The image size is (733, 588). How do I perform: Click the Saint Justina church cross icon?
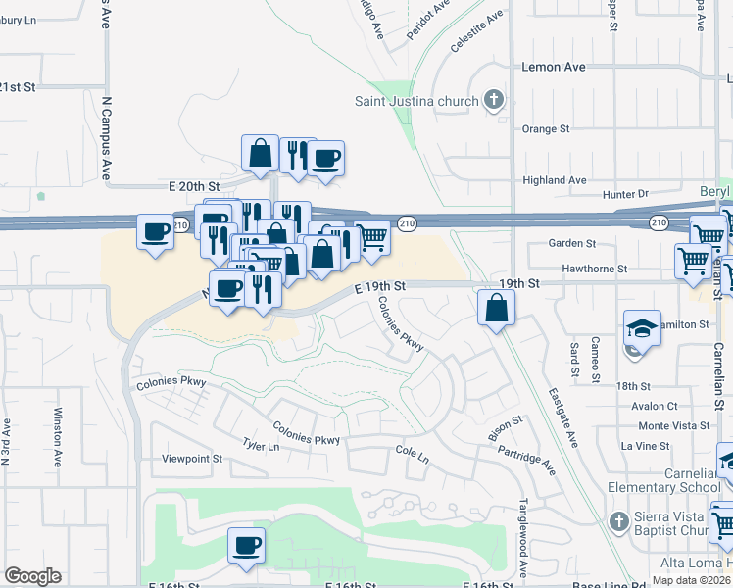(494, 100)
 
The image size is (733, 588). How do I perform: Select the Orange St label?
(546, 129)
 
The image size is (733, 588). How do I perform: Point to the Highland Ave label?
(555, 180)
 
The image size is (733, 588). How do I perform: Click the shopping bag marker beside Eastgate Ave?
(497, 309)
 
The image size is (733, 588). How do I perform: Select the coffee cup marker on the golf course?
(246, 545)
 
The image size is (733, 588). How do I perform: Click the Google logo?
(32, 576)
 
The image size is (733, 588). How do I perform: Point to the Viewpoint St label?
(192, 459)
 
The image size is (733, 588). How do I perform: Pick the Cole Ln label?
(412, 458)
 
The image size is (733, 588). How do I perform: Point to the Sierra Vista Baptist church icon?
(617, 519)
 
